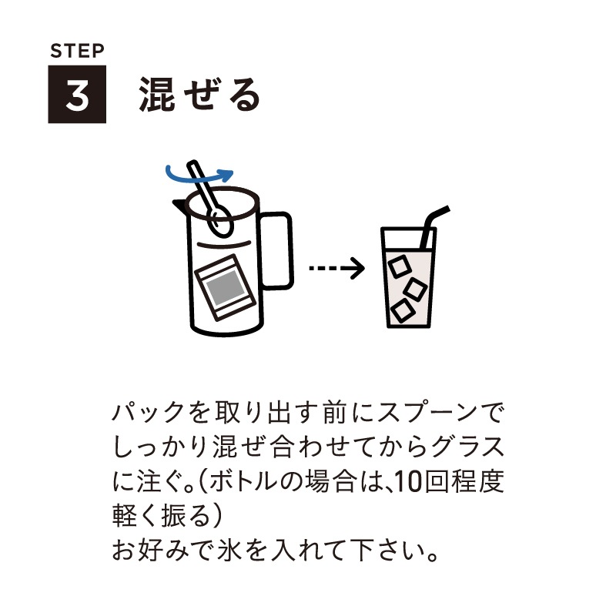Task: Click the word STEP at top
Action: click(x=76, y=52)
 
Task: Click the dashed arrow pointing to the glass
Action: click(x=336, y=269)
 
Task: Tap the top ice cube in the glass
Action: click(x=399, y=266)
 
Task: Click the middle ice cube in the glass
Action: click(x=416, y=289)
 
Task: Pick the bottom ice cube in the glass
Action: click(x=401, y=310)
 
